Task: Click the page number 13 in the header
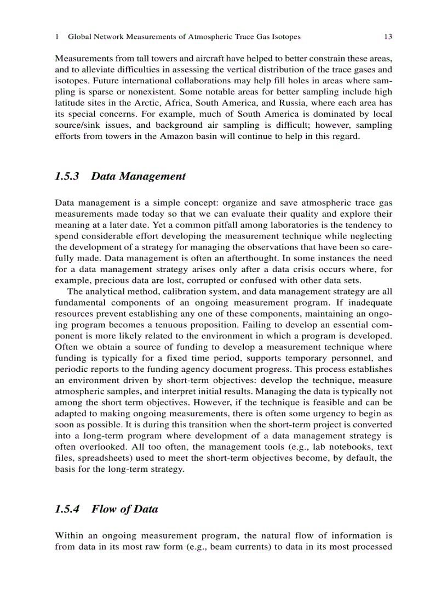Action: click(388, 37)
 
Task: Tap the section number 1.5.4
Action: click(68, 509)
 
